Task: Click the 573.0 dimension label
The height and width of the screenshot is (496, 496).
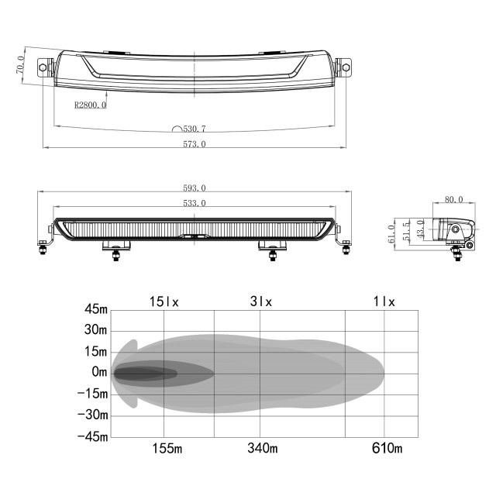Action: click(x=195, y=144)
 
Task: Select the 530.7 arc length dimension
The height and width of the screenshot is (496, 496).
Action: click(x=193, y=129)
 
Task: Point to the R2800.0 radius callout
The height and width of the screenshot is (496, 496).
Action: click(x=90, y=105)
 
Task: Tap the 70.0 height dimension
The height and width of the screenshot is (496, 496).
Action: click(x=21, y=69)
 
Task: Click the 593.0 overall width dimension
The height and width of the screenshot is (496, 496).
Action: click(x=195, y=188)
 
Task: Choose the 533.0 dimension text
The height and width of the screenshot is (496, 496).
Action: click(x=195, y=203)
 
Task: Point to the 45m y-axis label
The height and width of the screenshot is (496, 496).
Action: click(x=96, y=309)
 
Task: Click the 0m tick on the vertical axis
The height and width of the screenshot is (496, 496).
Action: click(x=99, y=373)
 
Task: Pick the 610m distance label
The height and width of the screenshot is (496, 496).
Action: click(x=387, y=448)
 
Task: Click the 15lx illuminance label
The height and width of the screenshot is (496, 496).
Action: click(x=164, y=301)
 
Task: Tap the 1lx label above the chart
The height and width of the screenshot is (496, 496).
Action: click(x=384, y=301)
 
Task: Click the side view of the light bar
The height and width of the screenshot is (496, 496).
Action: click(x=453, y=231)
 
